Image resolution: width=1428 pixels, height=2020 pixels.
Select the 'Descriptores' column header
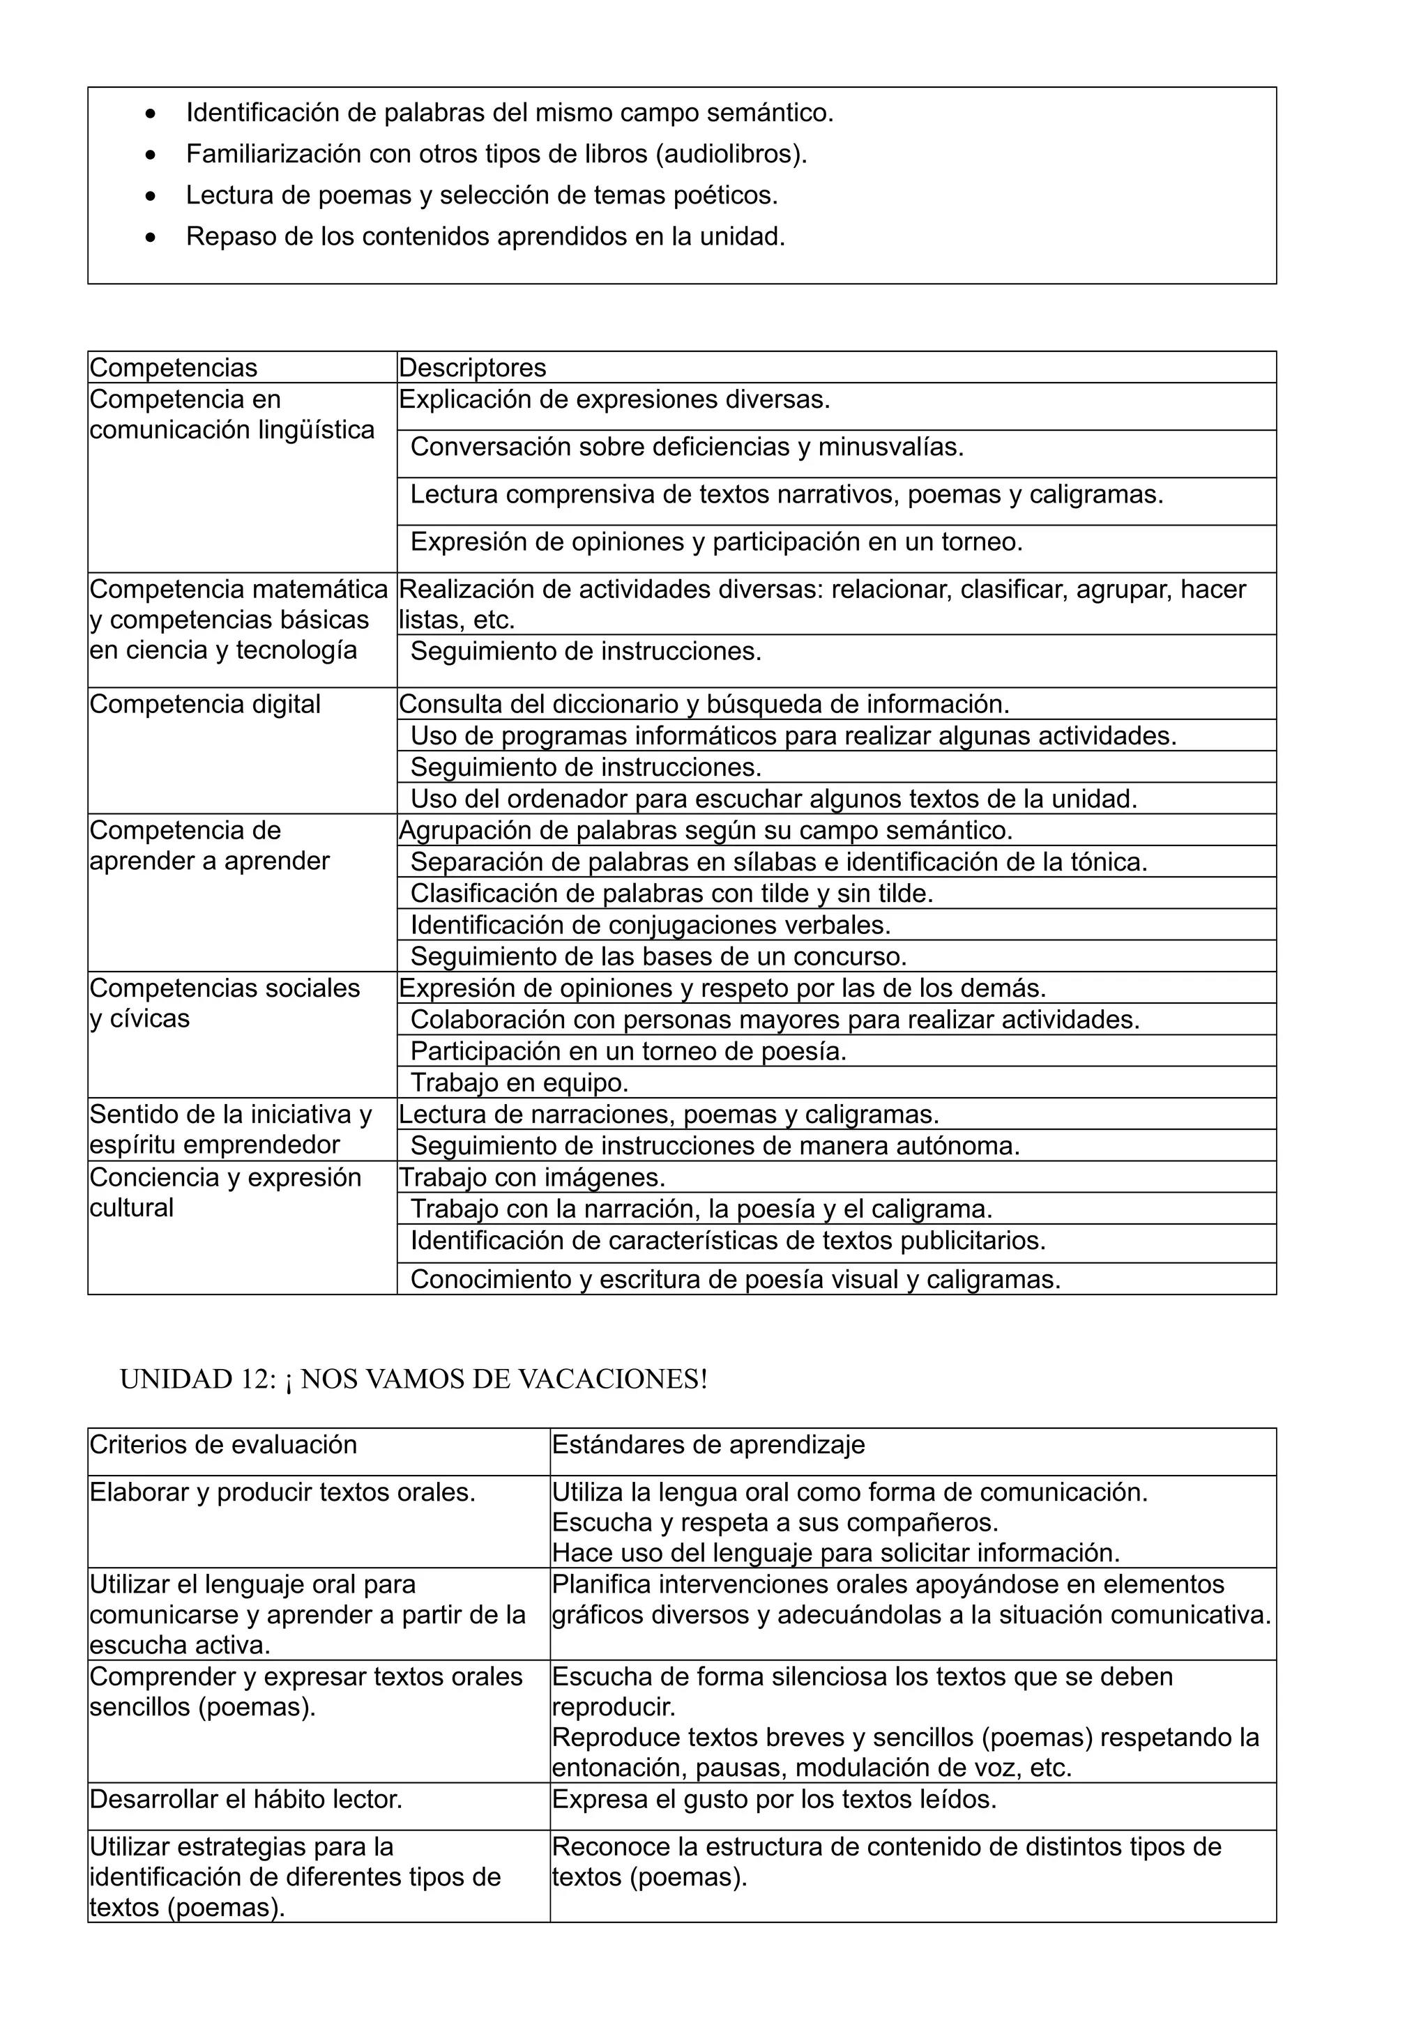click(x=473, y=368)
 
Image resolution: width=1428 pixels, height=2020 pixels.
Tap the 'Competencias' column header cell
click(x=174, y=368)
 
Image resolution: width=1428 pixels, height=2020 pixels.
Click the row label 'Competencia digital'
click(x=205, y=705)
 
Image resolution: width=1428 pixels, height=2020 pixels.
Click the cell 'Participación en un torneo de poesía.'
click(x=628, y=1051)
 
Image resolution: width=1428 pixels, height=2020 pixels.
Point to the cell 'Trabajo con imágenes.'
click(x=532, y=1178)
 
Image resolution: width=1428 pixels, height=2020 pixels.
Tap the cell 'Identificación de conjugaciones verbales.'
click(x=651, y=926)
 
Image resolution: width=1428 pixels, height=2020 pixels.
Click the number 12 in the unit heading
click(x=256, y=1379)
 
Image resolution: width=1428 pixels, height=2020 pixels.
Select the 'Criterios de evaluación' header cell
click(x=224, y=1445)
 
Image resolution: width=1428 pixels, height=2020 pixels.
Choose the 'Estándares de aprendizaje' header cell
click(x=708, y=1445)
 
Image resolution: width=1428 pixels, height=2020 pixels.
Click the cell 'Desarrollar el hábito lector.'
click(x=246, y=1800)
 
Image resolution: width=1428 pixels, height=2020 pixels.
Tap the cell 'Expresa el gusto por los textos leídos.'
click(x=774, y=1800)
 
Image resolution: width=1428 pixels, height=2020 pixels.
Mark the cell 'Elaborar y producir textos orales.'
click(x=282, y=1493)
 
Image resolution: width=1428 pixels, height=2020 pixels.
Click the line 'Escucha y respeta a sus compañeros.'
click(x=774, y=1523)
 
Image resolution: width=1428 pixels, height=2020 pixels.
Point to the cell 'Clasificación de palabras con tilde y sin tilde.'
click(x=671, y=894)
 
